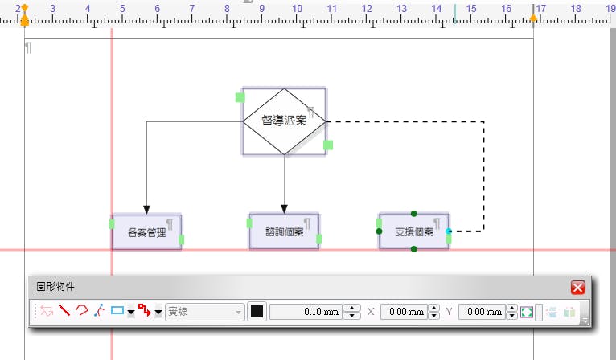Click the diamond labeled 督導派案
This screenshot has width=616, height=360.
pyautogui.click(x=285, y=121)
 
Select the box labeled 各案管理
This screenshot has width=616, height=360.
pyautogui.click(x=146, y=232)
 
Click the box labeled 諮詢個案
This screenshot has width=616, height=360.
pyautogui.click(x=284, y=232)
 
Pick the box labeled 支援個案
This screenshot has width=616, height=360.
pyautogui.click(x=413, y=232)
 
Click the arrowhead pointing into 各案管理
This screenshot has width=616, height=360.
pyautogui.click(x=146, y=207)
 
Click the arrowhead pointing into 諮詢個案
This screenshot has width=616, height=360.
pyautogui.click(x=284, y=207)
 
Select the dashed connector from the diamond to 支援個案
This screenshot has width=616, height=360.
pyautogui.click(x=483, y=177)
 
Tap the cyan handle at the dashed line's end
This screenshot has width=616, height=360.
pyautogui.click(x=449, y=231)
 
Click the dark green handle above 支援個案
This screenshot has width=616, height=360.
pyautogui.click(x=413, y=213)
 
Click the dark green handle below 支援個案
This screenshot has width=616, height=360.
pyautogui.click(x=413, y=250)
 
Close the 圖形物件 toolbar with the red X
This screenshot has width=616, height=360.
pyautogui.click(x=577, y=288)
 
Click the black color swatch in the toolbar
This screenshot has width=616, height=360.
pyautogui.click(x=257, y=312)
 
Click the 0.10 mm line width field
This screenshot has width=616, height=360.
pyautogui.click(x=306, y=312)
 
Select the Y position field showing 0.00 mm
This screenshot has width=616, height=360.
pyautogui.click(x=481, y=312)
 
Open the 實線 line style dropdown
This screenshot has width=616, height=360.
pyautogui.click(x=204, y=312)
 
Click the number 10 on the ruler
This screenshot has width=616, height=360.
pyautogui.click(x=297, y=8)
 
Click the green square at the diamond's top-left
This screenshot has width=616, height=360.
pyautogui.click(x=240, y=97)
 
